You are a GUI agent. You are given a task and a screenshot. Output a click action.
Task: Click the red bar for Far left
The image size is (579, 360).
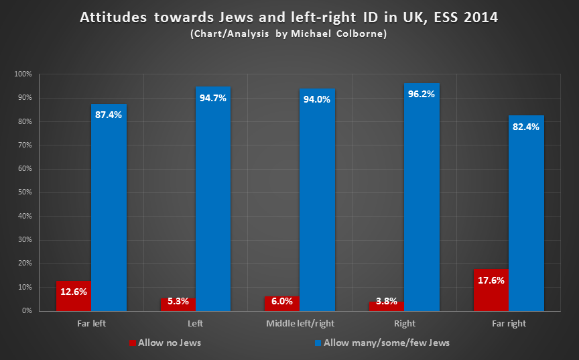click(x=73, y=296)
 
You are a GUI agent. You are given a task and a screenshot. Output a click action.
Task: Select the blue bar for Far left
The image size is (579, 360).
click(x=109, y=208)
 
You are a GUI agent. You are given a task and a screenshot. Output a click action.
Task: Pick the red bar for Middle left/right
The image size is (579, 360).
click(x=282, y=304)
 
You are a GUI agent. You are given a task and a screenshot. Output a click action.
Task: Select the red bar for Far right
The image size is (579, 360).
click(x=491, y=290)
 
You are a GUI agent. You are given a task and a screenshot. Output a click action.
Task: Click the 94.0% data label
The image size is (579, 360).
click(x=317, y=99)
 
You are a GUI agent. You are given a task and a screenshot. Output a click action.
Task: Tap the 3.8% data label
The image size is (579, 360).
click(x=387, y=301)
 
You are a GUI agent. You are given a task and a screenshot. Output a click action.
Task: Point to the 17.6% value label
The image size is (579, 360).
click(x=491, y=281)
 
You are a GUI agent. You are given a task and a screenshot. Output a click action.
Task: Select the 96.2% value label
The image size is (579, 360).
click(x=422, y=94)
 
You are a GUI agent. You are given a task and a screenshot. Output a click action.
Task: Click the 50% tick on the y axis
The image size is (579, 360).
click(x=24, y=192)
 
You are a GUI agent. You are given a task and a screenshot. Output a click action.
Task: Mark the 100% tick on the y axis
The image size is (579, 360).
click(x=23, y=74)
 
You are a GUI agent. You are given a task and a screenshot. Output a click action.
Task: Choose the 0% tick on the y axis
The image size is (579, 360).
click(x=26, y=311)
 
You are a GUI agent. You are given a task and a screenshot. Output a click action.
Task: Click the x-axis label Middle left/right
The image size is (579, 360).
click(x=300, y=324)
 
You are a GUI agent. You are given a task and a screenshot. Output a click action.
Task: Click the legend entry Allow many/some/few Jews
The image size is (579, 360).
click(x=382, y=343)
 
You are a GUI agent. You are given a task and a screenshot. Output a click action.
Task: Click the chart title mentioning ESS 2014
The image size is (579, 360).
click(x=289, y=17)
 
